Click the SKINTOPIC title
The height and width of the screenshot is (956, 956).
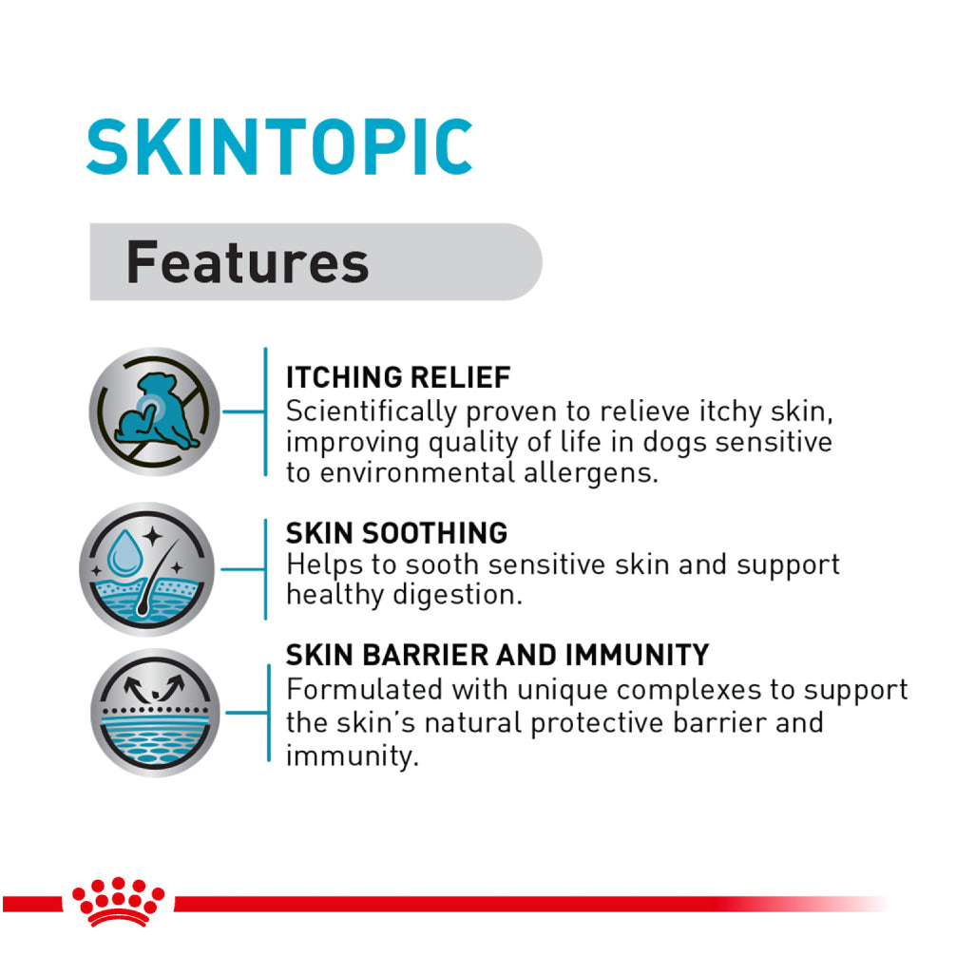279,146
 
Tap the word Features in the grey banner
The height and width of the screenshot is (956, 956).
247,262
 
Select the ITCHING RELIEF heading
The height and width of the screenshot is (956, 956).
398,377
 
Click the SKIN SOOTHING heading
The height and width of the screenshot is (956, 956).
396,533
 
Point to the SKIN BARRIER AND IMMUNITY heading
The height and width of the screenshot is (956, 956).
498,655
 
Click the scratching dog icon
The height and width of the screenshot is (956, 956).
154,411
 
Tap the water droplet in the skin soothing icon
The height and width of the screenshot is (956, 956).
125,552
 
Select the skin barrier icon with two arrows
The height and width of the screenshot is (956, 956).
155,712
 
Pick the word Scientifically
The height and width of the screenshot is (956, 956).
372,412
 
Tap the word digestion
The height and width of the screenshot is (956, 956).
457,595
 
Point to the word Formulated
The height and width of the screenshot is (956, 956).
365,690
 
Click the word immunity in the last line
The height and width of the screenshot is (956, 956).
352,756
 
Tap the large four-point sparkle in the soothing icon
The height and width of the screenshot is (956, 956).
152,537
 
